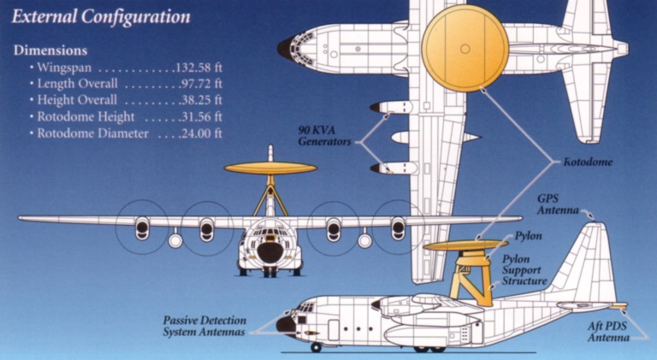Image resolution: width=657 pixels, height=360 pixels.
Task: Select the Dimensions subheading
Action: [50, 50]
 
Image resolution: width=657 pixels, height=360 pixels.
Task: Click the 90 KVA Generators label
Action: [325, 136]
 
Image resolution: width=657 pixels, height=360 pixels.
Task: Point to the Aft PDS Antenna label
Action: [610, 332]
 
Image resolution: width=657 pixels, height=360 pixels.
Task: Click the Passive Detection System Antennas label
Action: [204, 326]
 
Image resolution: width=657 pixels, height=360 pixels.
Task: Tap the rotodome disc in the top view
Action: [466, 48]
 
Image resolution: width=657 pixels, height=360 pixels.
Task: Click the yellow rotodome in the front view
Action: [269, 168]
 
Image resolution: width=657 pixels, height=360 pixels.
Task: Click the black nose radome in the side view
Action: [284, 324]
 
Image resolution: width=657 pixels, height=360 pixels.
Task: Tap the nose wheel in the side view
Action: [317, 347]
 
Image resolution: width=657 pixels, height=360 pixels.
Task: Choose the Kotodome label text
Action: [587, 161]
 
